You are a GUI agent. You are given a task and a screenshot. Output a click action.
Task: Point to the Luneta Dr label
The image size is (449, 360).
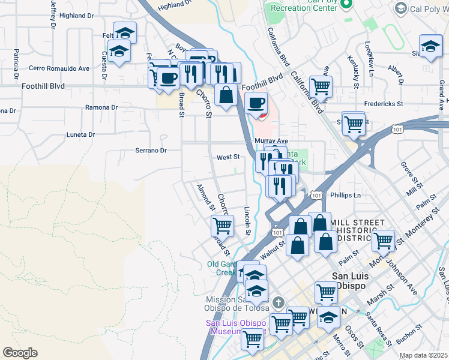[80, 135]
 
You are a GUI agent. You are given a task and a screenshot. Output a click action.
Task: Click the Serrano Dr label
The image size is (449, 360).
[150, 150]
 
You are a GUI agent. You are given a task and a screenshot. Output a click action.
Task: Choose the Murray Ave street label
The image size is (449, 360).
[267, 141]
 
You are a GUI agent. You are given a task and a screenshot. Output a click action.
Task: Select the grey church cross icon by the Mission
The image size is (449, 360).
[277, 301]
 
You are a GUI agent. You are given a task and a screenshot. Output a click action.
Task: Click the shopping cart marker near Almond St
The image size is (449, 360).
[222, 226]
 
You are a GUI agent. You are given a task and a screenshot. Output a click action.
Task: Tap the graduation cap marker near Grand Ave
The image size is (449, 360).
[430, 47]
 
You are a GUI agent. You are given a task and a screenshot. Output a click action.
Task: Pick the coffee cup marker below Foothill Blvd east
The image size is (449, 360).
[257, 103]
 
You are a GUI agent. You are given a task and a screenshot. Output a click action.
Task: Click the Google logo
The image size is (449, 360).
[20, 353]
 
